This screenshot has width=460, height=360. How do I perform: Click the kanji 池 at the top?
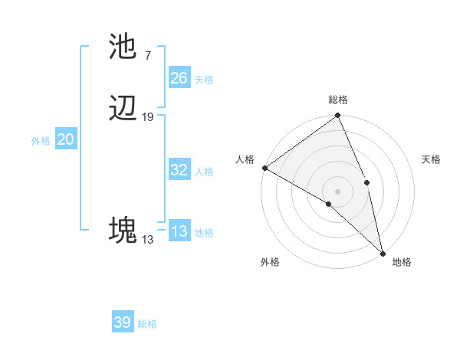(123, 47)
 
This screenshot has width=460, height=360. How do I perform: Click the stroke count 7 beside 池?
(147, 55)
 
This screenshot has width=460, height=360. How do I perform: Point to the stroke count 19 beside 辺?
(148, 117)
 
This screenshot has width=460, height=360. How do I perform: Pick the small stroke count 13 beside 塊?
(147, 240)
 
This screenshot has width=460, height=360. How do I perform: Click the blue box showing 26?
(179, 77)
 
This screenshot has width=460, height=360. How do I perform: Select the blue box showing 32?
(179, 170)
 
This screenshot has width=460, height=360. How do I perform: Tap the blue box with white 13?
(179, 231)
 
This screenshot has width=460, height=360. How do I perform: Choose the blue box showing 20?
(66, 139)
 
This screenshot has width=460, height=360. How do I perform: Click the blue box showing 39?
(123, 322)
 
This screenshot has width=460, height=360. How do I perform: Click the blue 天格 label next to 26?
(204, 79)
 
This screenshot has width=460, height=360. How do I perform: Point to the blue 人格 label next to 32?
(204, 172)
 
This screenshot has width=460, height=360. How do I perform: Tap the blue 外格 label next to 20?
(41, 141)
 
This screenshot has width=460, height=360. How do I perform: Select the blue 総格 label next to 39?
(147, 324)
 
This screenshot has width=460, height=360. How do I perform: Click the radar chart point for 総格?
(338, 116)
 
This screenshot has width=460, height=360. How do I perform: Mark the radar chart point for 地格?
(382, 253)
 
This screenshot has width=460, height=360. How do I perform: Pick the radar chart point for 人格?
(264, 168)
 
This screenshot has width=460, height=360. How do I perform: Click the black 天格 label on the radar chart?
(432, 159)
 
